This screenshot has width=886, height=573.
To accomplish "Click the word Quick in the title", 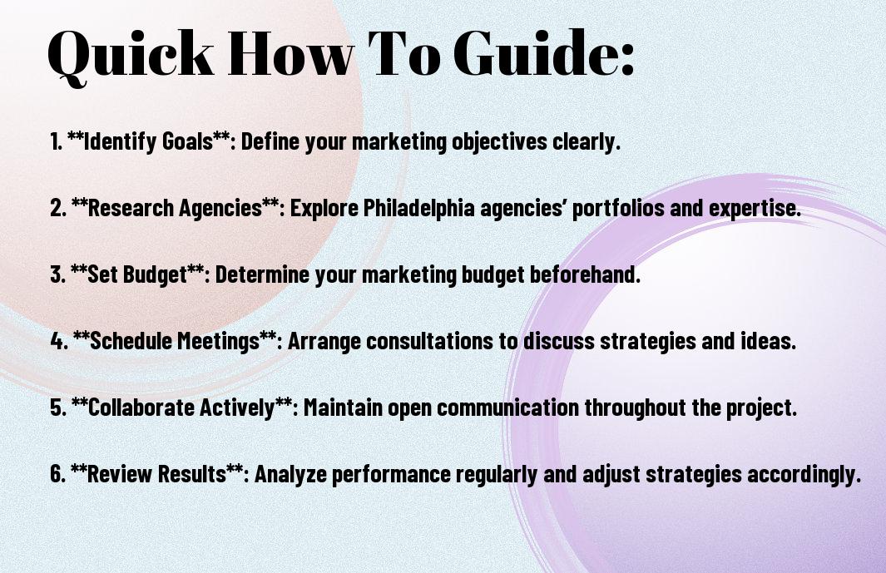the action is click(x=131, y=54).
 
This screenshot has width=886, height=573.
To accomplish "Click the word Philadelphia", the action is click(x=418, y=208).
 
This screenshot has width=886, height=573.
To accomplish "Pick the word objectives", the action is click(x=499, y=141).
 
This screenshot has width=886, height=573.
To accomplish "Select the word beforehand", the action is click(x=585, y=274).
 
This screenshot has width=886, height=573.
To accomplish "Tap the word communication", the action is click(x=508, y=408).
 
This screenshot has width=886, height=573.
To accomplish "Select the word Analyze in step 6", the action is click(x=290, y=473).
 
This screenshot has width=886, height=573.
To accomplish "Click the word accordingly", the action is click(x=804, y=473).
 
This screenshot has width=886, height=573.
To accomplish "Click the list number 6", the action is click(x=58, y=473).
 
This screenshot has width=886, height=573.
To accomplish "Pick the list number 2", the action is click(x=58, y=208).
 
